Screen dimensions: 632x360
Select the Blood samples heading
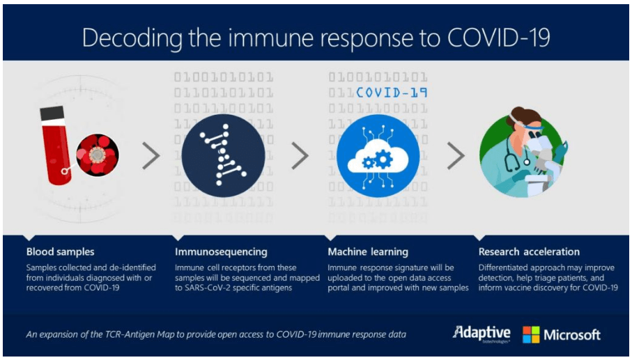[60, 252]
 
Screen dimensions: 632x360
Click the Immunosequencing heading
[221, 253]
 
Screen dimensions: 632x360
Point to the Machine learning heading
[368, 253]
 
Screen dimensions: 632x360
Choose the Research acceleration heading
[529, 252]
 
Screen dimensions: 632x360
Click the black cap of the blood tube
[52, 113]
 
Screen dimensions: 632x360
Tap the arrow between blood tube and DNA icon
[151, 155]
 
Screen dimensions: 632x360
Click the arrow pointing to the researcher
[456, 155]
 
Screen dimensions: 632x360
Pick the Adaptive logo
[481, 334]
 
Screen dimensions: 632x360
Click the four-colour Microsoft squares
[531, 335]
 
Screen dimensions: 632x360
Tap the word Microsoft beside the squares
[572, 335]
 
